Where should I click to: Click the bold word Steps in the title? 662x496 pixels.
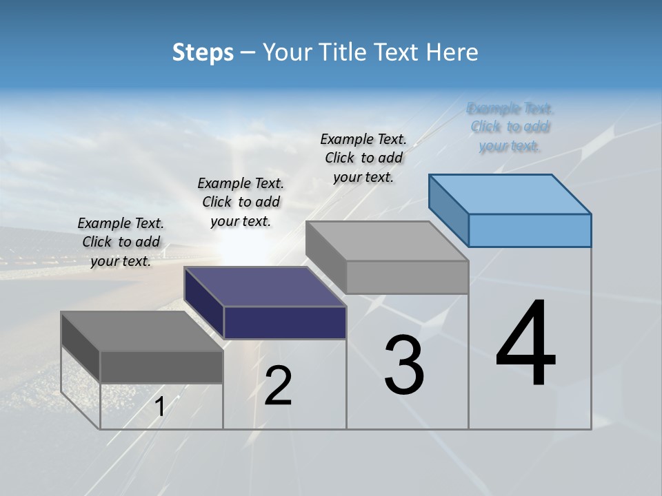(203, 52)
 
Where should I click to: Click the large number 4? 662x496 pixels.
(525, 344)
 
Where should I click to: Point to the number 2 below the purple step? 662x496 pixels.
(279, 386)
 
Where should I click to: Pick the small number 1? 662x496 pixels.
(160, 407)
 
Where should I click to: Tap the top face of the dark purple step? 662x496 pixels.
(265, 286)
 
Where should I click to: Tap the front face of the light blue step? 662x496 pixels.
(530, 230)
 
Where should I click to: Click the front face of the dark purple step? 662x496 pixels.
(285, 322)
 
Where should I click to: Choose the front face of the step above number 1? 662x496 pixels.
(161, 366)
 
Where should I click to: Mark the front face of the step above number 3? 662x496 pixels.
(407, 277)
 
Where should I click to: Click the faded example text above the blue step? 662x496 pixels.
(510, 127)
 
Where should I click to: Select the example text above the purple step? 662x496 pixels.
(241, 202)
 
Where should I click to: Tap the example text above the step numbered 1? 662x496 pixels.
(121, 242)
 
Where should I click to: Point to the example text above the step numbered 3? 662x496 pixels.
(363, 158)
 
